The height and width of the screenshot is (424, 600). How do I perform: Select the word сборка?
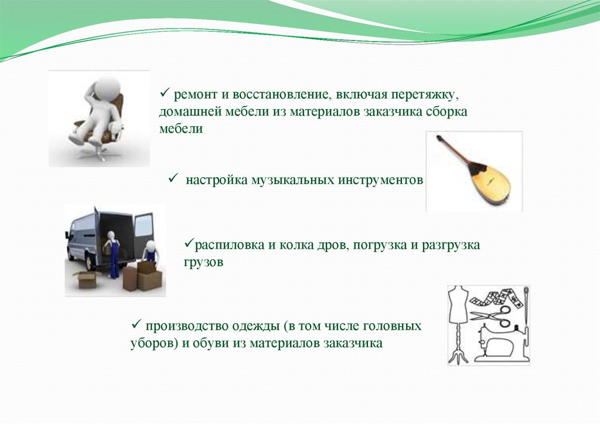448,111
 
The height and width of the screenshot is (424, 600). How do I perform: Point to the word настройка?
217,179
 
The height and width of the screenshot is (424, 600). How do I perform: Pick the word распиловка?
230,245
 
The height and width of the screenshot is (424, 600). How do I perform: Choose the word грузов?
203,262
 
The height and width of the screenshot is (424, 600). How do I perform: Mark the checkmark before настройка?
173,178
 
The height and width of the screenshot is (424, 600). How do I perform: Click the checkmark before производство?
136,324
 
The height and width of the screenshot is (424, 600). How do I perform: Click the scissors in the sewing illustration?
491,316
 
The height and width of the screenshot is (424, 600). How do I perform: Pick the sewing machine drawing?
501,343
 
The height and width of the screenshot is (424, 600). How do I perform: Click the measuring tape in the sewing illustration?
497,298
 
